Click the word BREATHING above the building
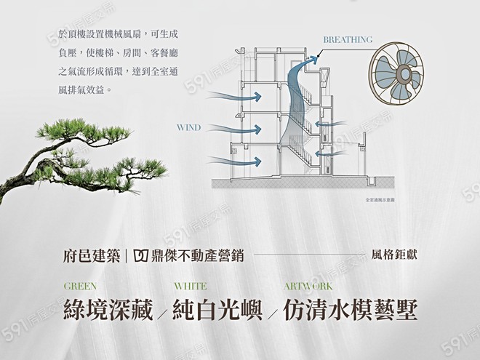click(x=347, y=39)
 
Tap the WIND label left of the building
click(x=188, y=127)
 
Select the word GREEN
click(x=79, y=287)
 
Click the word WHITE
click(x=191, y=287)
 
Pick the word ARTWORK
click(x=308, y=287)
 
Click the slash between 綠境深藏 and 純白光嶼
click(x=162, y=313)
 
